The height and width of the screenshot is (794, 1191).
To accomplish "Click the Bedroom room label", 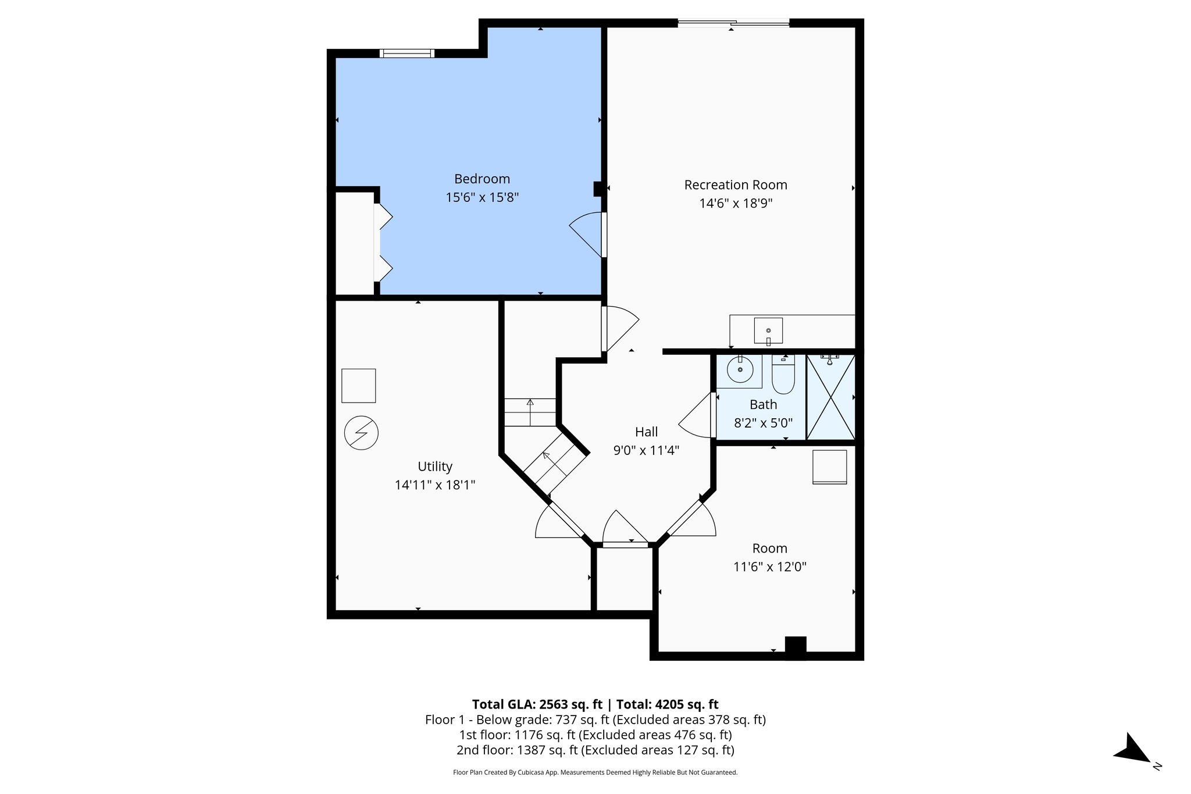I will (482, 179).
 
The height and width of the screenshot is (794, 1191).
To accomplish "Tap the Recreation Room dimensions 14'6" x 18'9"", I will (735, 204).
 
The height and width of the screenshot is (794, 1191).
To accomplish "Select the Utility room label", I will (434, 467).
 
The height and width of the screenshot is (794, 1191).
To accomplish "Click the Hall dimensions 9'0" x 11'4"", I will (646, 450).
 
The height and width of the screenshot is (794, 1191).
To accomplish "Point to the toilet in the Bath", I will (783, 376).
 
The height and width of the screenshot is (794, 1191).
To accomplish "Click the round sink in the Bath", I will (740, 370).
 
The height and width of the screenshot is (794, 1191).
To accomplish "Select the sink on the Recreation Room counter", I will (768, 331).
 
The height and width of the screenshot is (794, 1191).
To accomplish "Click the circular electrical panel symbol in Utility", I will (361, 433).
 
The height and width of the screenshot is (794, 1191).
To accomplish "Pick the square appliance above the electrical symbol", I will (358, 386).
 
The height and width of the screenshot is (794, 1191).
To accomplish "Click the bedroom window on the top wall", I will (406, 54).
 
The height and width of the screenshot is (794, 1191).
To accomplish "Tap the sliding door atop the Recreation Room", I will (733, 23).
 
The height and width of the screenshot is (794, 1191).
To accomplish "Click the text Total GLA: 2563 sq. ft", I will (537, 704).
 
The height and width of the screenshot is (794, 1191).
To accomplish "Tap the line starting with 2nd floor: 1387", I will (595, 750).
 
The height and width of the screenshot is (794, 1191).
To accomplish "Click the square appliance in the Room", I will (829, 467).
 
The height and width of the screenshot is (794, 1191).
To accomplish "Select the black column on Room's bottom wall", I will (795, 647).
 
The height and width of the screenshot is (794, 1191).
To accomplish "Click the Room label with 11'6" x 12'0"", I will (769, 549).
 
